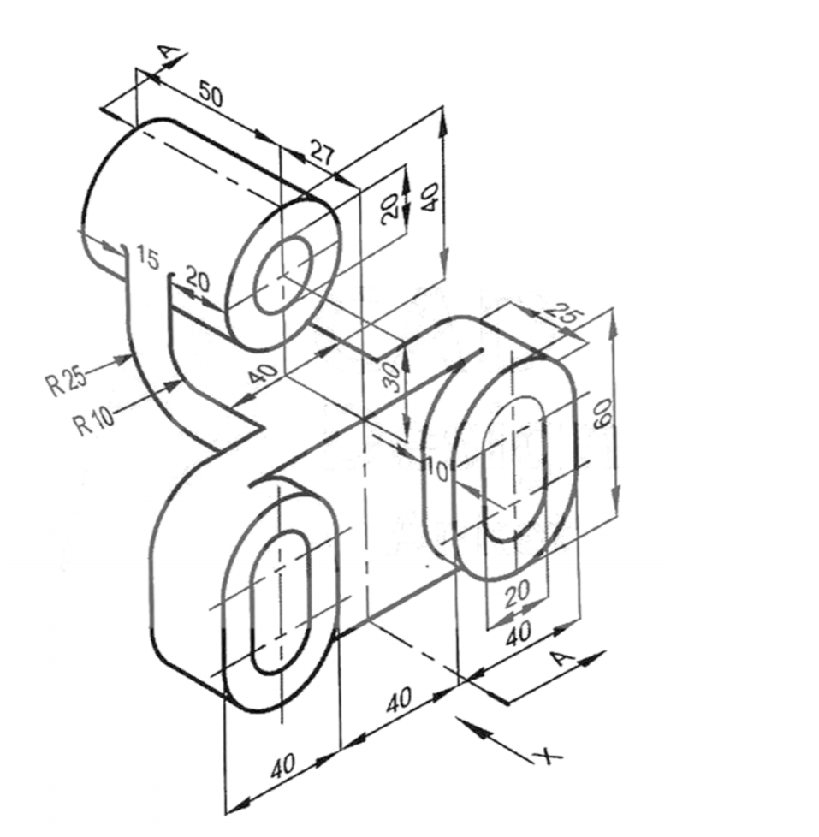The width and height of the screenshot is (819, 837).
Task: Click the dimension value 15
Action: (x=147, y=259)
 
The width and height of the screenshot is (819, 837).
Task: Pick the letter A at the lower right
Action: (x=561, y=658)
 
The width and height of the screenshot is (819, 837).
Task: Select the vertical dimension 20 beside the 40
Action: (x=390, y=208)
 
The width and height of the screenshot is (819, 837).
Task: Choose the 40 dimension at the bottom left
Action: (x=285, y=766)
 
